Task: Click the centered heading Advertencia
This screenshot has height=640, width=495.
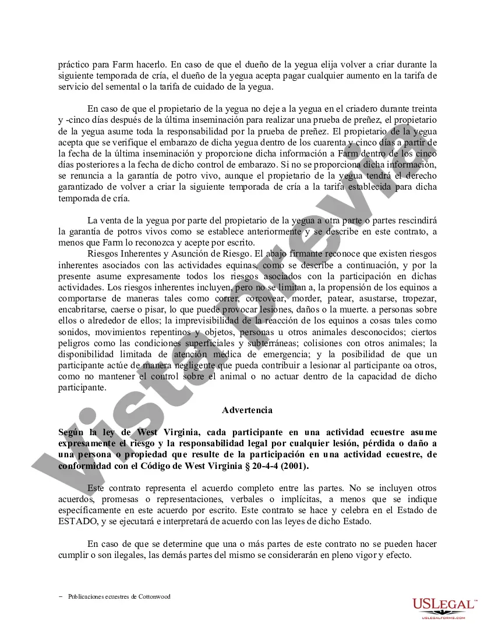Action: click(247, 410)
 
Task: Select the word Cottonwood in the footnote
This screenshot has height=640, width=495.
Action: click(154, 596)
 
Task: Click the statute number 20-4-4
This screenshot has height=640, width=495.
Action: click(258, 467)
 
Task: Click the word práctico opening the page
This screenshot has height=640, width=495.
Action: click(73, 65)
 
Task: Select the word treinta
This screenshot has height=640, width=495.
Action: click(422, 109)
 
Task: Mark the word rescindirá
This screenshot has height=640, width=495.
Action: click(415, 220)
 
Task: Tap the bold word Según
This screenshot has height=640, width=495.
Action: click(72, 432)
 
